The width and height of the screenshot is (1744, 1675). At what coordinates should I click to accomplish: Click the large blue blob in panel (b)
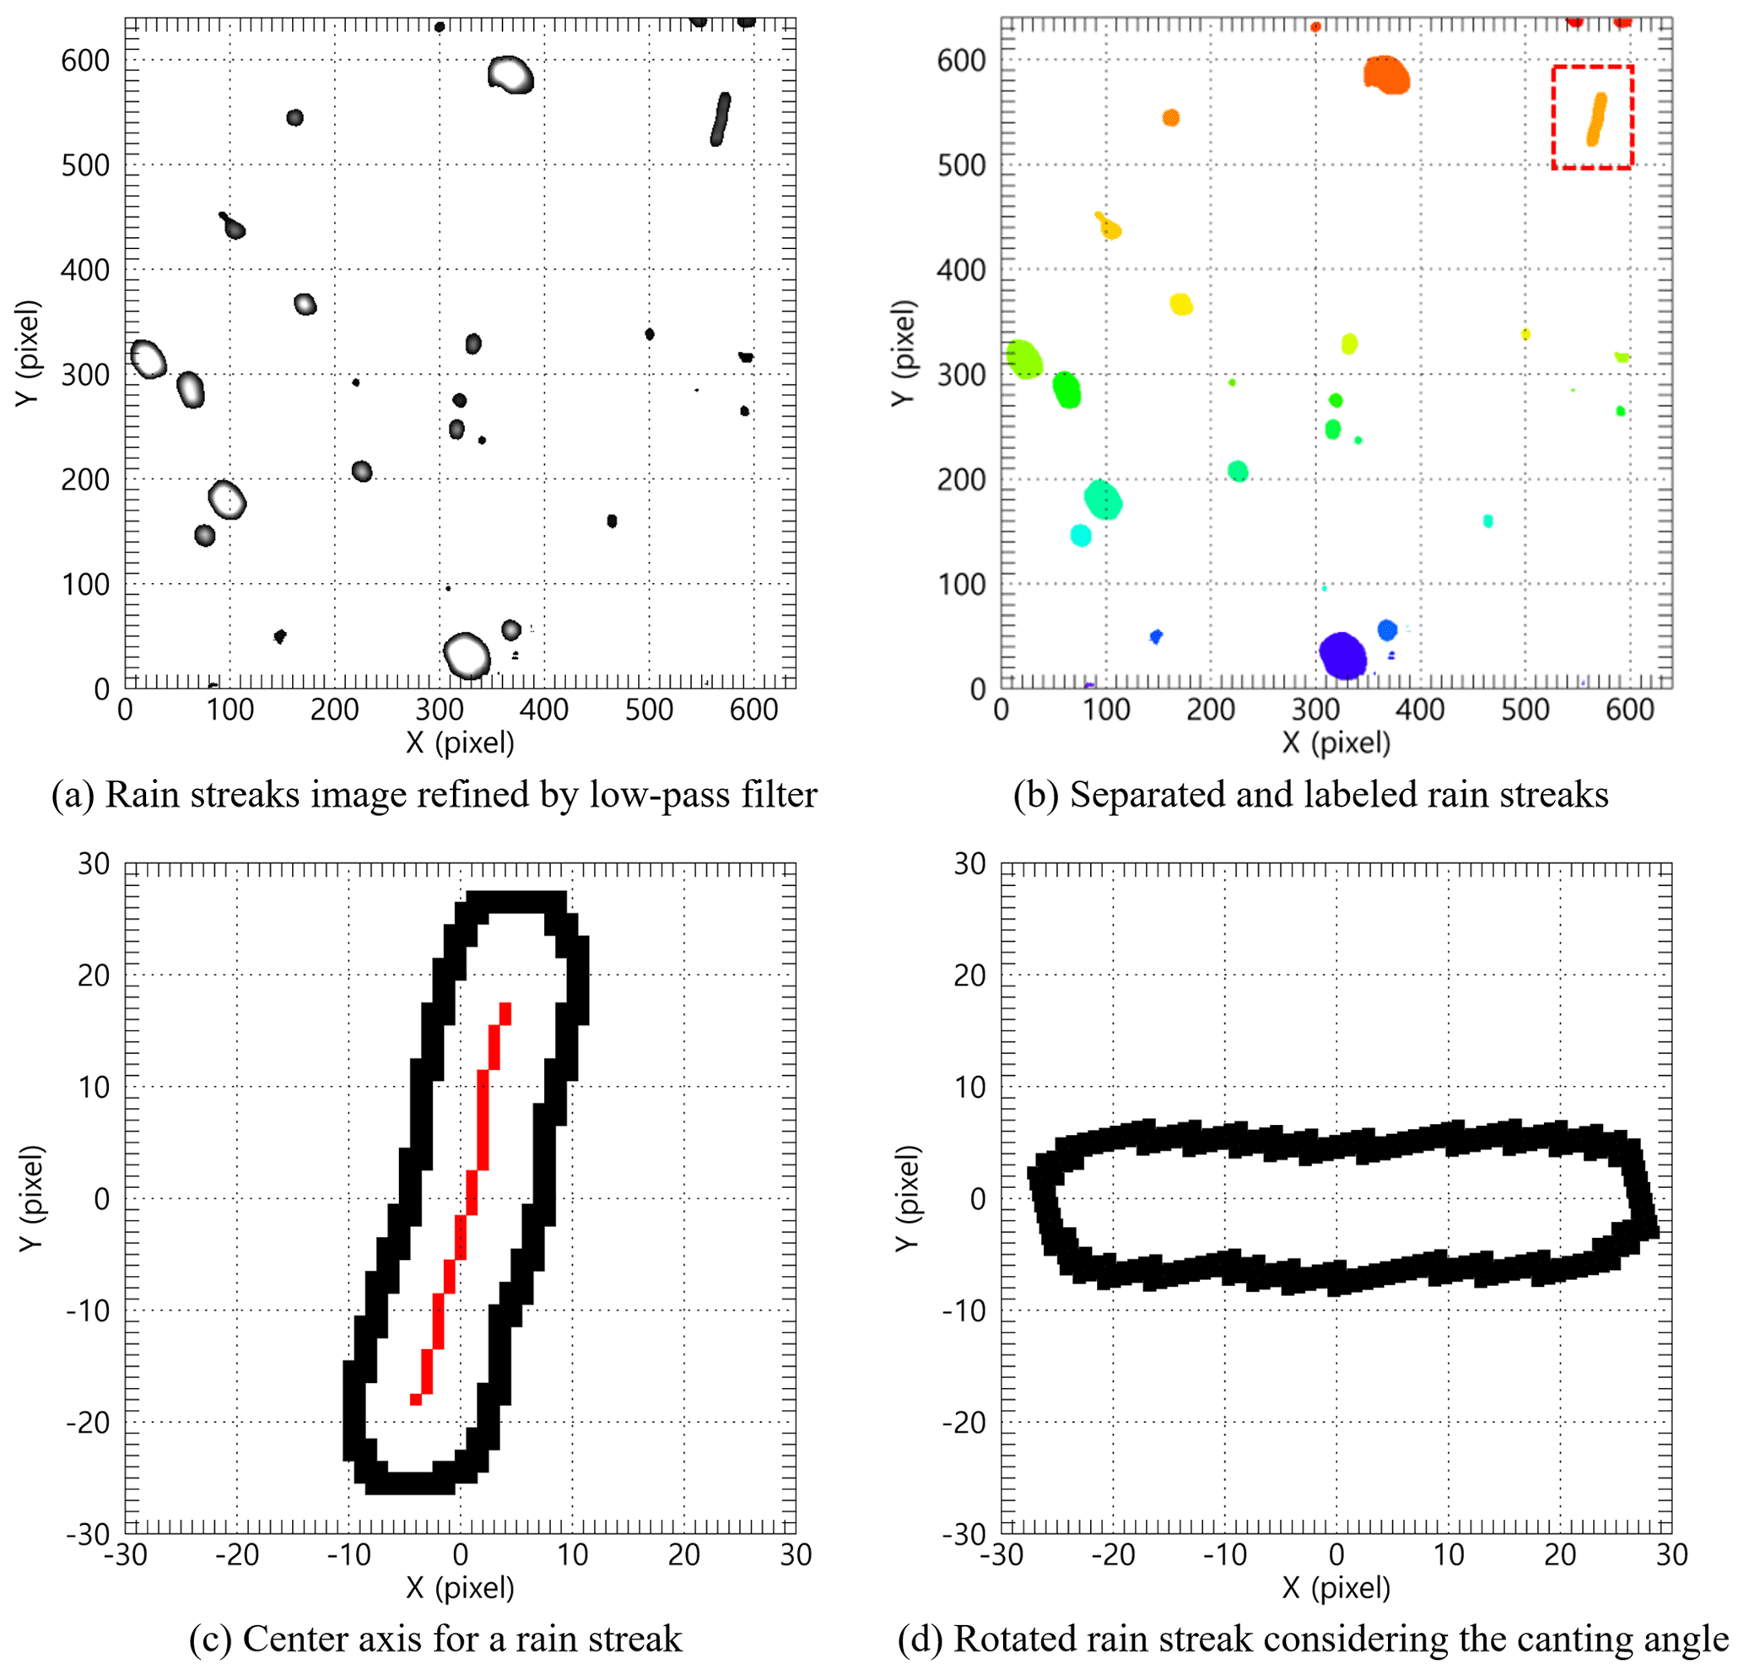[x=1342, y=655]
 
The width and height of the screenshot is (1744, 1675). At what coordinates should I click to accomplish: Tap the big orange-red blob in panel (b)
[x=1386, y=75]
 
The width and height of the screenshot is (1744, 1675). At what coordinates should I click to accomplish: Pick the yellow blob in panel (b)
[x=1180, y=305]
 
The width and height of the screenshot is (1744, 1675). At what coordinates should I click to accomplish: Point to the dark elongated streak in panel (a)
[x=720, y=119]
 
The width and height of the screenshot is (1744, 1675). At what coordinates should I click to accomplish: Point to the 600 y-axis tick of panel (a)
[x=85, y=62]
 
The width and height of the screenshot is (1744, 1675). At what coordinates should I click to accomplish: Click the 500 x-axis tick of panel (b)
[x=1525, y=710]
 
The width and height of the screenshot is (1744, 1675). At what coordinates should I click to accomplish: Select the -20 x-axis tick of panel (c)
[x=237, y=1554]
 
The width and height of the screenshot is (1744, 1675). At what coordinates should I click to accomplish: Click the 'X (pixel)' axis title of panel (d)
[x=1336, y=1587]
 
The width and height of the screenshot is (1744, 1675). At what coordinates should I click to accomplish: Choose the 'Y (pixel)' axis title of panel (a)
[x=28, y=354]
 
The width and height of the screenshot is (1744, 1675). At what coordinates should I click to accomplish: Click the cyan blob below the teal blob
[x=1081, y=536]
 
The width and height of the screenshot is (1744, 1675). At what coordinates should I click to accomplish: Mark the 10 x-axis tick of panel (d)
[x=1448, y=1554]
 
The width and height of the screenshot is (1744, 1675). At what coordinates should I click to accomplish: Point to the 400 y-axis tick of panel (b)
[x=961, y=271]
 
